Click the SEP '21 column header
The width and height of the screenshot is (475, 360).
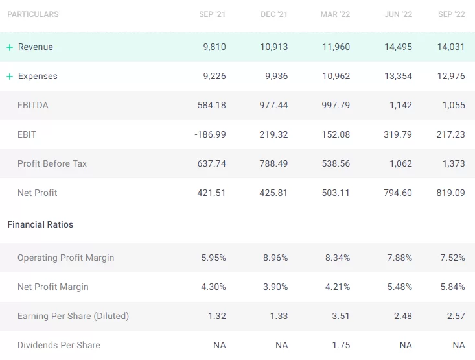[x=213, y=14]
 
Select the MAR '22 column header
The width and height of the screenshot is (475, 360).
[x=335, y=14]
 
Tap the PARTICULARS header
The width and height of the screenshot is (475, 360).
[x=33, y=14]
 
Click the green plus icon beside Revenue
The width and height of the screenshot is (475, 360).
[x=10, y=47]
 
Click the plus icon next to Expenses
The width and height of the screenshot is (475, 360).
[x=10, y=77]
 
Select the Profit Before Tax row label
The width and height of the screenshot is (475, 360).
[x=52, y=163]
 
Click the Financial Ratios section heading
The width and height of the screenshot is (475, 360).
[x=40, y=224]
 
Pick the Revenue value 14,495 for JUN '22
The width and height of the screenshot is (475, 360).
[x=397, y=47]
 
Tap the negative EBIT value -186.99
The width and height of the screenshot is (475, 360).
[x=210, y=134]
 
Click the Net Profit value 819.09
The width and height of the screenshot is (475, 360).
[x=450, y=193]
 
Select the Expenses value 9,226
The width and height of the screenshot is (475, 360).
[x=214, y=76]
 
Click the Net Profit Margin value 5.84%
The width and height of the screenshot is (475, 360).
[x=452, y=287]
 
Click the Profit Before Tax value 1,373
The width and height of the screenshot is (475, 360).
[x=452, y=163]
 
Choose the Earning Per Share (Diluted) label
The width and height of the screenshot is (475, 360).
[x=73, y=316]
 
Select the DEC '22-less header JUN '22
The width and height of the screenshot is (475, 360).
[x=398, y=14]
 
